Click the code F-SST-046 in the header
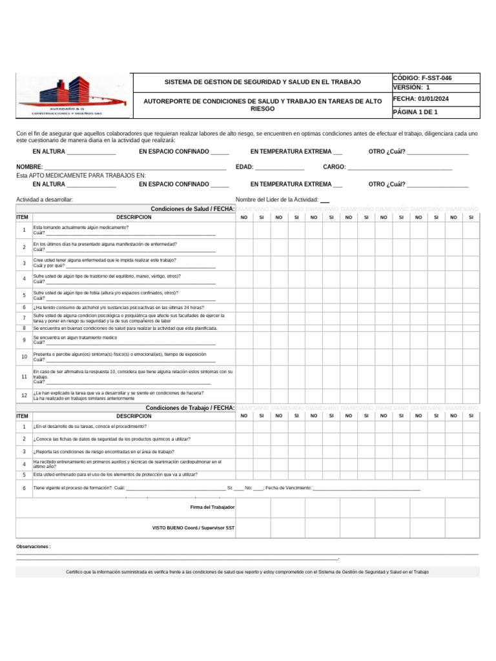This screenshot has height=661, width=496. (x=422, y=78)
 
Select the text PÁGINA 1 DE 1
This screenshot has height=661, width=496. (x=415, y=112)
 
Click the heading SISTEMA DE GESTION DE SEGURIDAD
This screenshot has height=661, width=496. (x=263, y=83)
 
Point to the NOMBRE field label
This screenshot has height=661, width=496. (x=29, y=167)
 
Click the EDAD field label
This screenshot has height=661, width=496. (x=244, y=167)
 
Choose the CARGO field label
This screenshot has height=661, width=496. (x=335, y=167)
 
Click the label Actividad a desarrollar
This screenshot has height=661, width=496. (x=45, y=199)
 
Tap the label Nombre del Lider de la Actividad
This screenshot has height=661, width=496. (x=277, y=199)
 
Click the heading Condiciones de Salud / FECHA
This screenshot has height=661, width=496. (x=192, y=209)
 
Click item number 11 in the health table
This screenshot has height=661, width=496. (x=24, y=376)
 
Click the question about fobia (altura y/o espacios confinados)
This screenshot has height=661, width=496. (x=105, y=292)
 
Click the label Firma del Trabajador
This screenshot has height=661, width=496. (x=212, y=508)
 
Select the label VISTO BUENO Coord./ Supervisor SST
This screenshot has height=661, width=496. (x=193, y=528)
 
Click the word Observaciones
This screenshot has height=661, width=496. (x=33, y=547)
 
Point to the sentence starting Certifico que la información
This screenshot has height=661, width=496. (x=247, y=572)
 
